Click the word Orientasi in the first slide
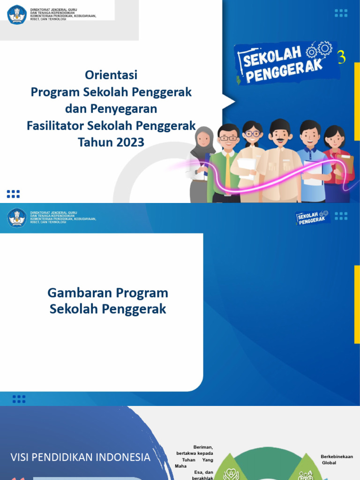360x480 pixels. (111, 75)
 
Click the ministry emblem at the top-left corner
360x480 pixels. (17, 15)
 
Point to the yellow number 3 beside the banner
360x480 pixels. (342, 58)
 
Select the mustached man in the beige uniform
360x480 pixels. (280, 159)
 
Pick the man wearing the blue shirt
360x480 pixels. (311, 159)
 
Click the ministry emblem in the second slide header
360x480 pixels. (17, 217)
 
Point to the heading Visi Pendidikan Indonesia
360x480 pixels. (81, 457)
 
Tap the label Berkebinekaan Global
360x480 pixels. (337, 460)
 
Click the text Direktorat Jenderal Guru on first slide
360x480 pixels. (53, 9)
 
